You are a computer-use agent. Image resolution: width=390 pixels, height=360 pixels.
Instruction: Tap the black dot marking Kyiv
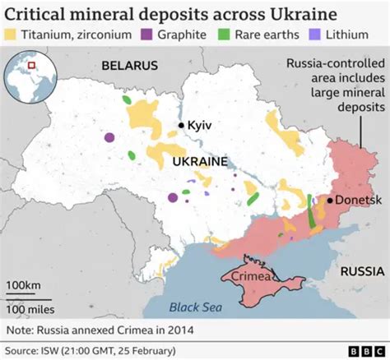pyautogui.click(x=182, y=125)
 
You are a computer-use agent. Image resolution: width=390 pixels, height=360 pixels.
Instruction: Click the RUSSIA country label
pyautogui.click(x=362, y=270)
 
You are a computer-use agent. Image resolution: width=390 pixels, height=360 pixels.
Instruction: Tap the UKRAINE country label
pyautogui.click(x=200, y=163)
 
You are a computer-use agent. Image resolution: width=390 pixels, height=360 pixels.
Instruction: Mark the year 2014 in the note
pyautogui.click(x=181, y=330)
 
